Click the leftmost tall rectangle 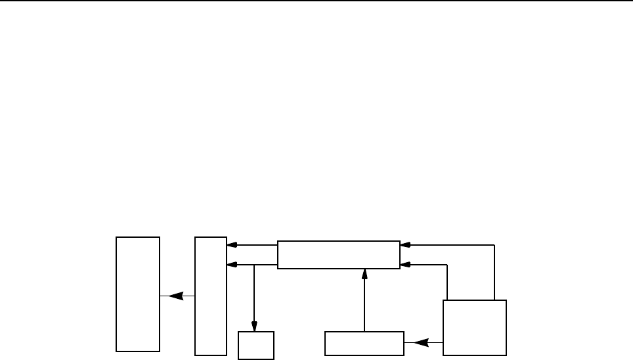point(138,294)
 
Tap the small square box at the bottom point(255,344)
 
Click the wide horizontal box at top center point(338,255)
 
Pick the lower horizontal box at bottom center point(364,342)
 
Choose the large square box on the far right point(475,327)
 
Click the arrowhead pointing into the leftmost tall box point(173,296)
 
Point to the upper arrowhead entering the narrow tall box point(231,246)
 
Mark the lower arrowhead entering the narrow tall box point(231,265)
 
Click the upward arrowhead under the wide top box point(363,273)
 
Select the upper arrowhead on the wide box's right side point(405,245)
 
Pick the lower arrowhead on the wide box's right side point(405,265)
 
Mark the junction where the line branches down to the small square point(255,265)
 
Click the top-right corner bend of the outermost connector point(493,245)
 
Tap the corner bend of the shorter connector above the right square point(447,265)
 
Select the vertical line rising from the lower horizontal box point(363,302)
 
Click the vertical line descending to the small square point(255,296)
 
